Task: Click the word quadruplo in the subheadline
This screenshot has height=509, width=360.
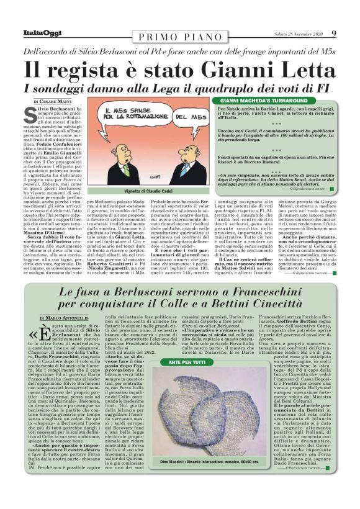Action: pyautogui.click(x=225, y=86)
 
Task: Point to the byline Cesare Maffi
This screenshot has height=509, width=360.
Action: pyautogui.click(x=55, y=101)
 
